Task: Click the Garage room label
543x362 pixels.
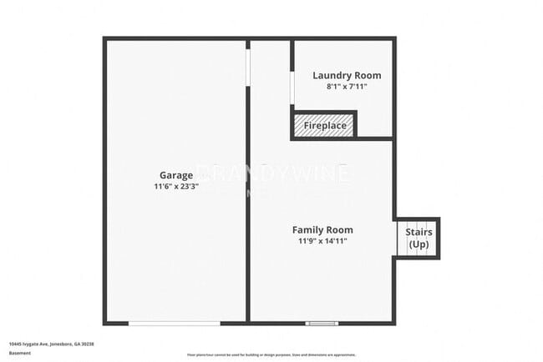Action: click(x=176, y=175)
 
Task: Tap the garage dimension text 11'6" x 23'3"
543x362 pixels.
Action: click(x=176, y=188)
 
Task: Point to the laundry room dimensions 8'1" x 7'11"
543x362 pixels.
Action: click(x=340, y=86)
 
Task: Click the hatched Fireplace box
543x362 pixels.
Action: click(x=324, y=125)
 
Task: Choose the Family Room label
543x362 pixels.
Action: click(x=322, y=229)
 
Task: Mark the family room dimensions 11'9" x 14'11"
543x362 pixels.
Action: click(x=322, y=241)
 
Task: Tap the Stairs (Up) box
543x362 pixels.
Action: click(x=418, y=239)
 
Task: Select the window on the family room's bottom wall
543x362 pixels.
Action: click(x=322, y=323)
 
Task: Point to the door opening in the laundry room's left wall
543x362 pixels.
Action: click(x=292, y=88)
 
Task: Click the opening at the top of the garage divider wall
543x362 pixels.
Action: click(x=248, y=63)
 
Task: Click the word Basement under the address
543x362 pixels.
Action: click(x=20, y=353)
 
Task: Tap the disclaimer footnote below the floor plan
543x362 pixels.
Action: click(x=271, y=354)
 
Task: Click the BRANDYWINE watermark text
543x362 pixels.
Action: click(x=271, y=173)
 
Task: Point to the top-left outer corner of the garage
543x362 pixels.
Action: click(x=104, y=38)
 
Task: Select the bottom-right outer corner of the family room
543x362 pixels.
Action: click(x=393, y=323)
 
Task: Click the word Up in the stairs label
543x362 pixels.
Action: click(x=419, y=244)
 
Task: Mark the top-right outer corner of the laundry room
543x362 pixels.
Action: click(x=393, y=38)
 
